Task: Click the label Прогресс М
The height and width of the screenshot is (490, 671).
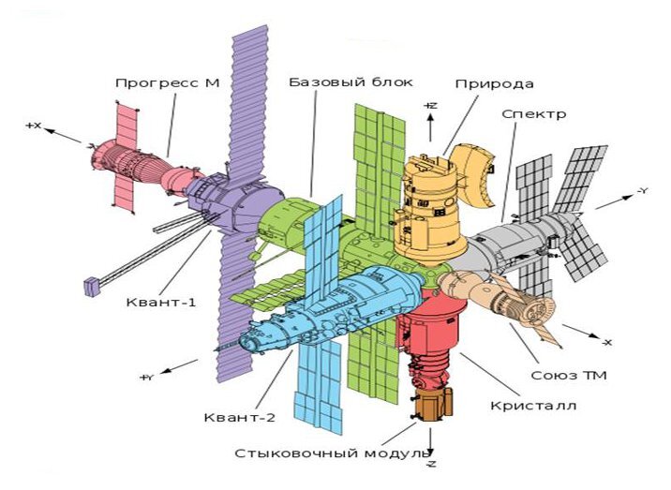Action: click(168, 82)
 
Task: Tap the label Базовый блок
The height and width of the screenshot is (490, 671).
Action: click(350, 82)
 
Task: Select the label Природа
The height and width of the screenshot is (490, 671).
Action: click(494, 84)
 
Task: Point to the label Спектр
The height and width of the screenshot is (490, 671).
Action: click(534, 114)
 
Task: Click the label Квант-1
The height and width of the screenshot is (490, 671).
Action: click(161, 302)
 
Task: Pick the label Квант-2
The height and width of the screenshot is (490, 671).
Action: click(240, 417)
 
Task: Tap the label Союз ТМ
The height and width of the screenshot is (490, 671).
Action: click(569, 376)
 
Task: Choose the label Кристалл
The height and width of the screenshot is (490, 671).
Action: click(533, 406)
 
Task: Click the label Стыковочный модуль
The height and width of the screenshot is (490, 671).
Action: click(332, 453)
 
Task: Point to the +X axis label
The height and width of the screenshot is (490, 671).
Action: click(34, 126)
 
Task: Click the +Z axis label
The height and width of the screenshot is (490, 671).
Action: click(430, 106)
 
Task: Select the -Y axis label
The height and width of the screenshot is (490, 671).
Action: click(642, 191)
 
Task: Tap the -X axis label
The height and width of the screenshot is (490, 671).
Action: click(607, 342)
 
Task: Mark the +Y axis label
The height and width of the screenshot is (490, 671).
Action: click(146, 378)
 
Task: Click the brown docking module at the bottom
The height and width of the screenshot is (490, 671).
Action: click(432, 403)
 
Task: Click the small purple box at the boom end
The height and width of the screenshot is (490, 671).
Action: click(91, 287)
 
